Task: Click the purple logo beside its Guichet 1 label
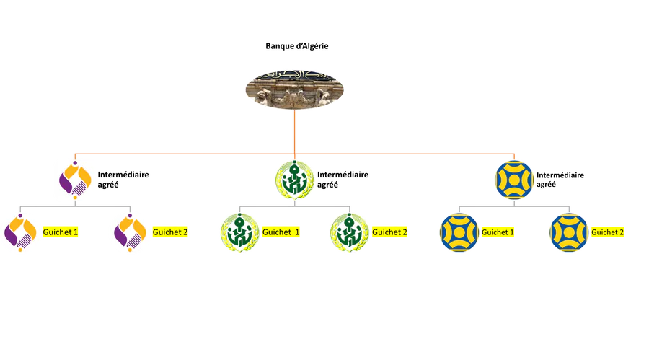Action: coord(21,232)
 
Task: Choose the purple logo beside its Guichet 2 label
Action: coord(131,232)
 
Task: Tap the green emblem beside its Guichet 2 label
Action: coord(349,232)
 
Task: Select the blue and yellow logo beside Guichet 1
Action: coord(458,232)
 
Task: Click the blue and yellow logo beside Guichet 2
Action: coord(568,232)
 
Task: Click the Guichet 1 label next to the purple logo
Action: coord(61,232)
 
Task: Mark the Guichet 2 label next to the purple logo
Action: coord(171,232)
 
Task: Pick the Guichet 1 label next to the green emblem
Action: coord(281,232)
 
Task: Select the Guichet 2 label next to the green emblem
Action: coord(390,232)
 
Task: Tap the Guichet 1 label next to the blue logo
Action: coord(498,232)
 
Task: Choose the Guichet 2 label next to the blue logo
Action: coord(607,232)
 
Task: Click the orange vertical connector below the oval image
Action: coord(294,133)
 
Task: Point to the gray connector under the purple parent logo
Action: coord(76,205)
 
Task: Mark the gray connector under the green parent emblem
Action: coord(294,205)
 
